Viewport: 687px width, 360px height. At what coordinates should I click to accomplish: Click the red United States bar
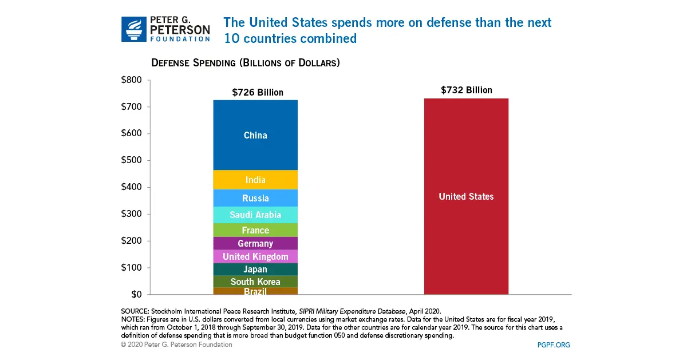[x=466, y=196]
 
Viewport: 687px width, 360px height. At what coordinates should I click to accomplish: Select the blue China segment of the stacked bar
[x=255, y=136]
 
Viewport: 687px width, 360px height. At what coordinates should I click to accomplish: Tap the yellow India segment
[x=255, y=180]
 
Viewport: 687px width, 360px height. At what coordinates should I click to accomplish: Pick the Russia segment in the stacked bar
[x=255, y=198]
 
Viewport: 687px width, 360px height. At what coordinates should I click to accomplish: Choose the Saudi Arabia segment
[x=255, y=215]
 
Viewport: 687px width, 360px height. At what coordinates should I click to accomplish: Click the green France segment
[x=255, y=230]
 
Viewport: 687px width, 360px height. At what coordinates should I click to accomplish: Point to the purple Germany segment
[x=255, y=243]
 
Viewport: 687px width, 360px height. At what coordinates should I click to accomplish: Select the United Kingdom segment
[x=255, y=256]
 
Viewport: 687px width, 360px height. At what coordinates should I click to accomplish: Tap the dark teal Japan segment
[x=255, y=269]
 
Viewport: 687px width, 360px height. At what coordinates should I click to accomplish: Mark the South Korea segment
[x=255, y=282]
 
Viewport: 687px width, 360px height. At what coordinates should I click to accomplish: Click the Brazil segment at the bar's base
[x=255, y=291]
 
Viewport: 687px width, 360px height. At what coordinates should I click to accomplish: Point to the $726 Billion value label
[x=258, y=92]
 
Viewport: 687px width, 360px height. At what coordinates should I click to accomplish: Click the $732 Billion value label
[x=466, y=90]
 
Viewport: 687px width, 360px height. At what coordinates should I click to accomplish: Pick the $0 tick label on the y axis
[x=136, y=294]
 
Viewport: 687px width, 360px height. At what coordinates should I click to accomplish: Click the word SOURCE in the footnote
[x=135, y=311]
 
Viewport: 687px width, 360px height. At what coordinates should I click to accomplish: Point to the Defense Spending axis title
[x=246, y=62]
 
